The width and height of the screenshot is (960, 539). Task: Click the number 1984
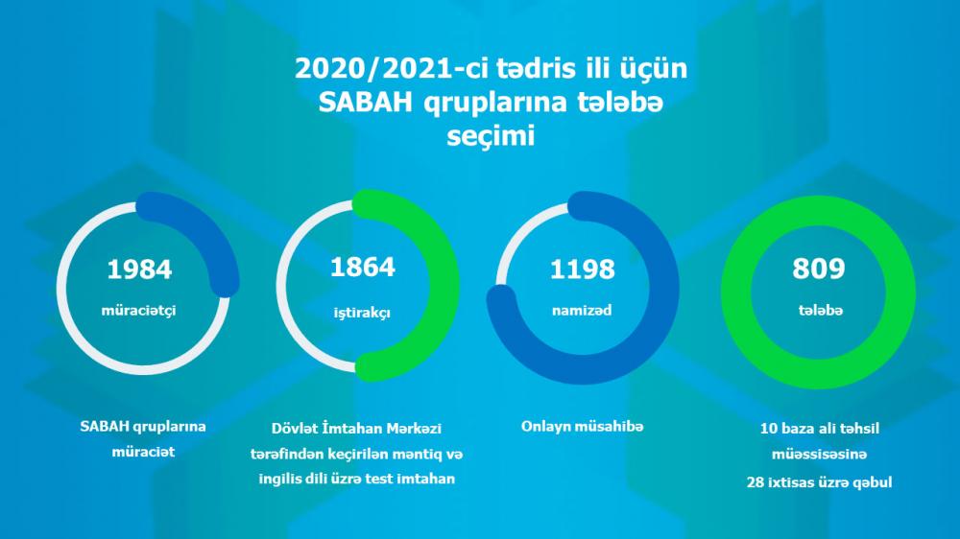click(139, 269)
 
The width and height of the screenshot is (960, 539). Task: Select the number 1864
click(363, 268)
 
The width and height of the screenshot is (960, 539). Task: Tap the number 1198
click(583, 269)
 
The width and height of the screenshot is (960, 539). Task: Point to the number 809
click(819, 268)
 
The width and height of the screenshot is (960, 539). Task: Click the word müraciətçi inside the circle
click(138, 311)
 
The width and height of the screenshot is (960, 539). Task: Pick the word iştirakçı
click(362, 314)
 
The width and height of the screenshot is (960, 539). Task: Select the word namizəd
click(582, 311)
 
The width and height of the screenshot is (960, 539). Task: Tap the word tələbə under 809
click(821, 311)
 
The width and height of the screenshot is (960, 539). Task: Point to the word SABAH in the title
click(365, 103)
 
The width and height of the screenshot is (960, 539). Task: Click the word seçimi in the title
click(491, 136)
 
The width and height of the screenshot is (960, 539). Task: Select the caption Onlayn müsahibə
click(583, 427)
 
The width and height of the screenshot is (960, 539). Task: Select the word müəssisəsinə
click(819, 455)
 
